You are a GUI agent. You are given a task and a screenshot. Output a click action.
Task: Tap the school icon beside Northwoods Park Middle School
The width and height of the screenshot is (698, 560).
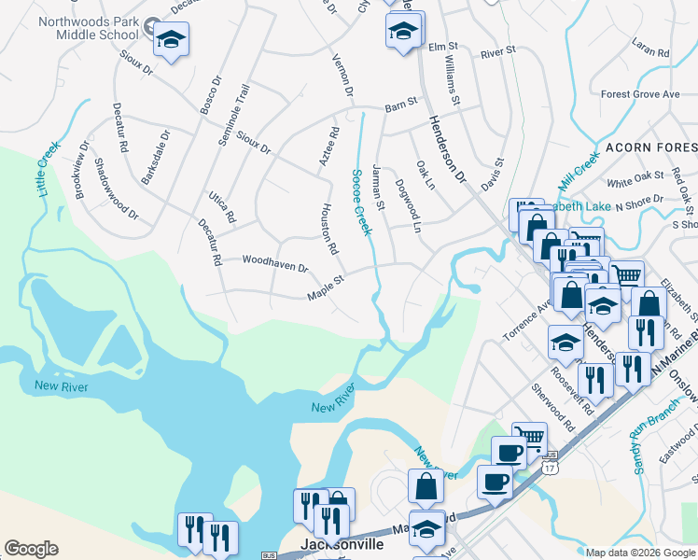[171, 40]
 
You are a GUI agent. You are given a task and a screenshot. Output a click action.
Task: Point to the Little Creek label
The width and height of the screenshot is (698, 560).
[46, 168]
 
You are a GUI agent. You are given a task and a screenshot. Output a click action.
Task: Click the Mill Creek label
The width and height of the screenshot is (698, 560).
[578, 169]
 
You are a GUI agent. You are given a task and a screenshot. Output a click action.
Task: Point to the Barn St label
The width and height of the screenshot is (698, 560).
[400, 110]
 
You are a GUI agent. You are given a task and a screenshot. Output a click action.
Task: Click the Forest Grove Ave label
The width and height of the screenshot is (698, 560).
[640, 94]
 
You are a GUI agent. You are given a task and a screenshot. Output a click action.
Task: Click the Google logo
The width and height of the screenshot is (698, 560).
[31, 549]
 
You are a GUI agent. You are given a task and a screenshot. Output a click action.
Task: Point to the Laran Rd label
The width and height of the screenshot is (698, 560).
[650, 49]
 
